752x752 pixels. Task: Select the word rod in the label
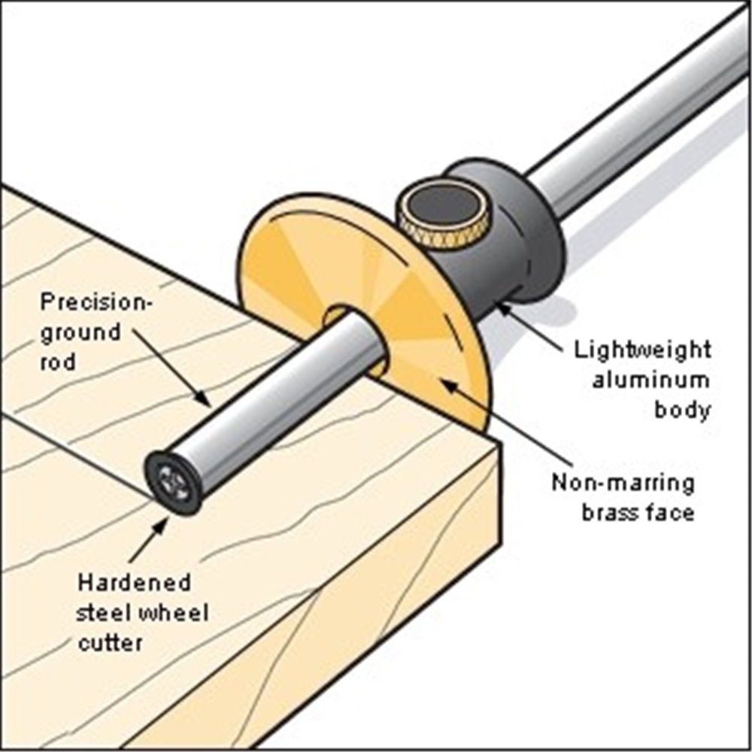click(58, 362)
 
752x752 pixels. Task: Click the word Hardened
click(135, 583)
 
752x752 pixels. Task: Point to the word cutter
click(111, 643)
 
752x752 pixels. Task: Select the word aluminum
click(650, 381)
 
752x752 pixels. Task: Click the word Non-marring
click(623, 483)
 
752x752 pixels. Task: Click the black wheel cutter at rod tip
click(173, 483)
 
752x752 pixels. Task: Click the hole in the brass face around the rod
click(356, 340)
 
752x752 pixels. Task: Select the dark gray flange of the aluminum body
click(523, 226)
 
